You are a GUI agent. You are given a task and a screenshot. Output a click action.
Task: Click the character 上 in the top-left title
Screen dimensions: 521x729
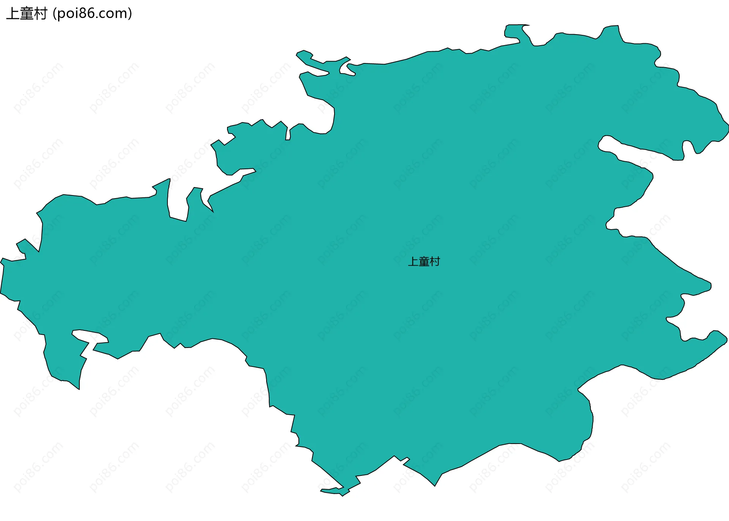point(13,14)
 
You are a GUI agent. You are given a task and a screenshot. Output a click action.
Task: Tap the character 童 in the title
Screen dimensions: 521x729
point(27,14)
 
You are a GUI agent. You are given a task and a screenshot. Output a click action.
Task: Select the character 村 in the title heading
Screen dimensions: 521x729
point(40,14)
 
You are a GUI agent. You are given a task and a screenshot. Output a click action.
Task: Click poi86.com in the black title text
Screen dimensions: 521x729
point(92,14)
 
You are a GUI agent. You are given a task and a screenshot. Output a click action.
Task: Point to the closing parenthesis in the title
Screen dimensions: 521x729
point(130,14)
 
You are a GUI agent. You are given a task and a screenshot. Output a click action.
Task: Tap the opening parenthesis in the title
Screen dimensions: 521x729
point(55,14)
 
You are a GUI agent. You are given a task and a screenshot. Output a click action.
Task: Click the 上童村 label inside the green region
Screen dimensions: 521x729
point(424,261)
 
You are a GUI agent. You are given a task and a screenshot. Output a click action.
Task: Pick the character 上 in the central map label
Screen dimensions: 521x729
point(413,261)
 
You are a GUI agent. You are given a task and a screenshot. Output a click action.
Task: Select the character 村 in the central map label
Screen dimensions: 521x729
point(435,261)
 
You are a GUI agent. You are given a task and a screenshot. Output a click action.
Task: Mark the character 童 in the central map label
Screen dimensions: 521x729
point(424,261)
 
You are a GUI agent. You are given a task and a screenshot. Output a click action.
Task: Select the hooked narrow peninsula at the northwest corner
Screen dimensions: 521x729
point(311,61)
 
